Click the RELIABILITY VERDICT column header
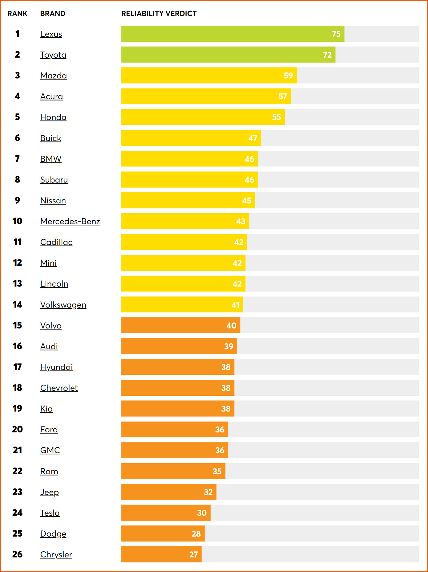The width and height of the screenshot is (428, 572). pyautogui.click(x=159, y=14)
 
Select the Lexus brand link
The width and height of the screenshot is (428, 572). pyautogui.click(x=51, y=34)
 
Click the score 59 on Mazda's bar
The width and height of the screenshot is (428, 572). pyautogui.click(x=288, y=76)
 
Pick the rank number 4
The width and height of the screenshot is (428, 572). pyautogui.click(x=17, y=96)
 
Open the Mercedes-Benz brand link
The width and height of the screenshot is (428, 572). pyautogui.click(x=70, y=221)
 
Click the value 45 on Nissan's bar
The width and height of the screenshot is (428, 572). pyautogui.click(x=247, y=201)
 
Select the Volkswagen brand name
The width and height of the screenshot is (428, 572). pyautogui.click(x=63, y=304)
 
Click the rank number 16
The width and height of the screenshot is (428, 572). pyautogui.click(x=17, y=346)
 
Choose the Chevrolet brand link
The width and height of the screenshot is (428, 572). pyautogui.click(x=59, y=388)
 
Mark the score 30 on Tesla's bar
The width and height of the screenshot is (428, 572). pyautogui.click(x=202, y=513)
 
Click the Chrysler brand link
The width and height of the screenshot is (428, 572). pyautogui.click(x=56, y=554)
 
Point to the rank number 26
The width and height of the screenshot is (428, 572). pyautogui.click(x=17, y=554)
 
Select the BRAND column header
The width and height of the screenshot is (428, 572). pyautogui.click(x=53, y=14)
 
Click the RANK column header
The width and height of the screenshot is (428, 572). pyautogui.click(x=17, y=14)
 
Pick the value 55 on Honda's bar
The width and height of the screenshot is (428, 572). pyautogui.click(x=277, y=117)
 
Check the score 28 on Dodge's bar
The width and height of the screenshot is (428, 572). pyautogui.click(x=196, y=534)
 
